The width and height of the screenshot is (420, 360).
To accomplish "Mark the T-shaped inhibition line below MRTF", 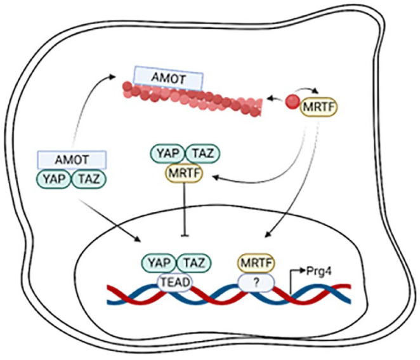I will coord(183,210).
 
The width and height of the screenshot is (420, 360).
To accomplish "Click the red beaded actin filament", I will coord(190,101).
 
